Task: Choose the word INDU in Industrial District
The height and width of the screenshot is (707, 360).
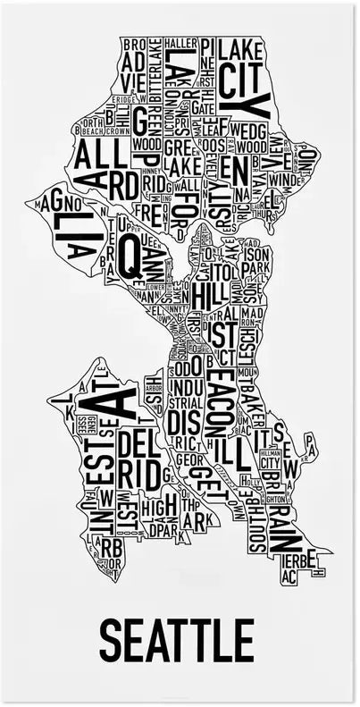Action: (x=186, y=387)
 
